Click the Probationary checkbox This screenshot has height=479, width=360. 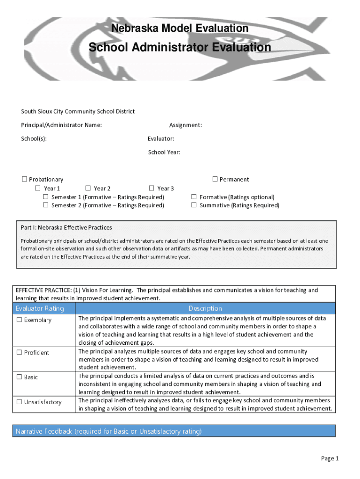point(24,180)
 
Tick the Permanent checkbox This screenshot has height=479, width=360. point(215,179)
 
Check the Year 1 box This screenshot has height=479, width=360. point(38,189)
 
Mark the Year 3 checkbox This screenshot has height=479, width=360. point(151,189)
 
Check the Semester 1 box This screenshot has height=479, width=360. point(46,197)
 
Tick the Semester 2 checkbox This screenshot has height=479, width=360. point(46,205)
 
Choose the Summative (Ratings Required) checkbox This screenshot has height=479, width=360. point(194,205)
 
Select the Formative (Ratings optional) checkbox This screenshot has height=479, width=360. point(194,197)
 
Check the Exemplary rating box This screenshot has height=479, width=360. point(19,320)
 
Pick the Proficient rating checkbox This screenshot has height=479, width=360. point(19,353)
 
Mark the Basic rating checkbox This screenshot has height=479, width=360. point(19,377)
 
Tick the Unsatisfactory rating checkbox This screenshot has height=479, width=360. point(19,402)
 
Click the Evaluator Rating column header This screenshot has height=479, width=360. point(40,308)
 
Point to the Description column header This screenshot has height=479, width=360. point(205,308)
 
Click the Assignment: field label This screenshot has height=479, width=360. point(186,125)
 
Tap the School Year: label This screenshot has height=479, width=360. point(164,152)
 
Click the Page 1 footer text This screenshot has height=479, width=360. point(330,458)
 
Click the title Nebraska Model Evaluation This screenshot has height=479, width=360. point(180,29)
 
